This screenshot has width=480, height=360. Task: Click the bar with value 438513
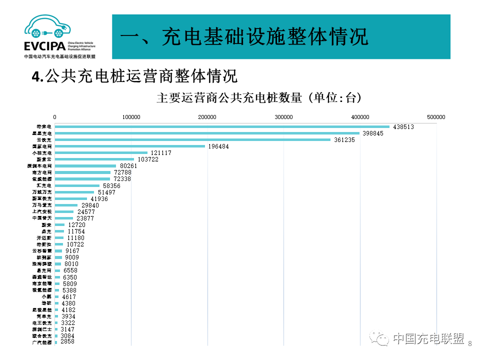coord(222,126)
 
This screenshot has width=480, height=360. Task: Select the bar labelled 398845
coord(207,133)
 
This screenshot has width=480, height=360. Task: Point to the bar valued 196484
coord(130,146)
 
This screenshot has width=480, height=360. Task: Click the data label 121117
coord(161,153)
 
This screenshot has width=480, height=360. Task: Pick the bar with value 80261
coord(85,165)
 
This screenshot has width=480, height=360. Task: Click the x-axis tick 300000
coord(283,117)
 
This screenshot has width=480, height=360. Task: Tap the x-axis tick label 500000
coord(436,117)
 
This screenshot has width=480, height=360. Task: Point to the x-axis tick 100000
coord(131,117)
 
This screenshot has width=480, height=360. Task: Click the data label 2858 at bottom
coord(67,341)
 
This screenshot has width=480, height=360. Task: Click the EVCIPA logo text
coord(44,46)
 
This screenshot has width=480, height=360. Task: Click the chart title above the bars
coord(258,98)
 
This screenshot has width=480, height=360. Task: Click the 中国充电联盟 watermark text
coord(428,338)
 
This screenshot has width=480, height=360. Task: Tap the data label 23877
coord(85,218)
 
